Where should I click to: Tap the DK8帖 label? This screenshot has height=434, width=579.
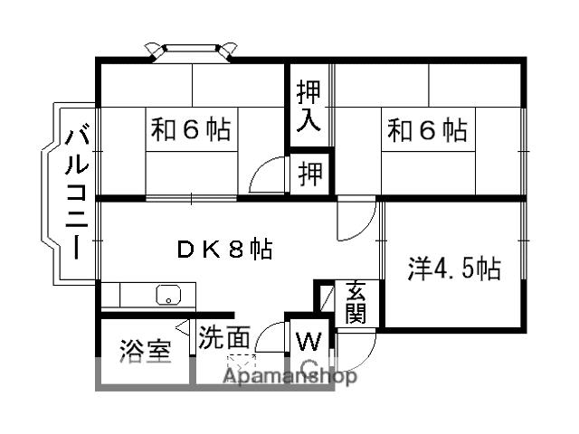pyautogui.click(x=224, y=250)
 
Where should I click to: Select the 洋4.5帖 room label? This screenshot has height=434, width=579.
pyautogui.click(x=453, y=269)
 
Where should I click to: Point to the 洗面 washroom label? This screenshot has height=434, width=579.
pyautogui.click(x=224, y=338)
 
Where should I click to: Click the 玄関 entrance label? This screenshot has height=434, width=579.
pyautogui.click(x=355, y=303)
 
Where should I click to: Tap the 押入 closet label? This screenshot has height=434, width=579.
pyautogui.click(x=309, y=107)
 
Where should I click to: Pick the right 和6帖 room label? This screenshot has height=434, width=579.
pyautogui.click(x=428, y=131)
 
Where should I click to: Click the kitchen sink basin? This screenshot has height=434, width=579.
pyautogui.click(x=167, y=295)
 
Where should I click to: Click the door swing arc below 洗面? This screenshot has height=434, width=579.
pyautogui.click(x=269, y=339)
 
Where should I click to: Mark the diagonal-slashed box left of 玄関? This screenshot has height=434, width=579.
pyautogui.click(x=325, y=297)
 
